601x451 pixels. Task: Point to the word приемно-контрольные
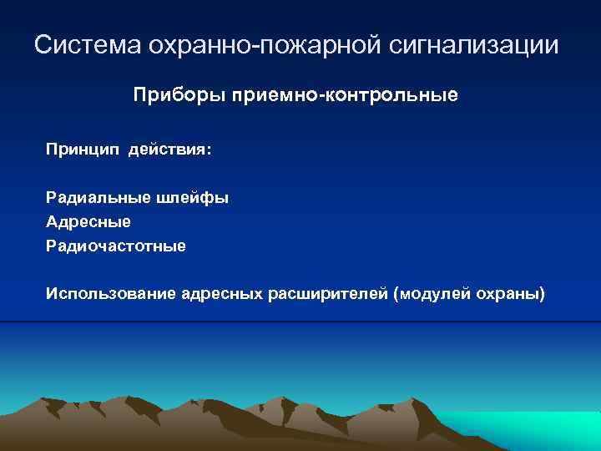[339, 96]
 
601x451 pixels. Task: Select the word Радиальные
[98, 199]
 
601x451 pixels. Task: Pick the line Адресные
[88, 223]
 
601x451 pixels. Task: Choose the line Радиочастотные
[116, 246]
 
